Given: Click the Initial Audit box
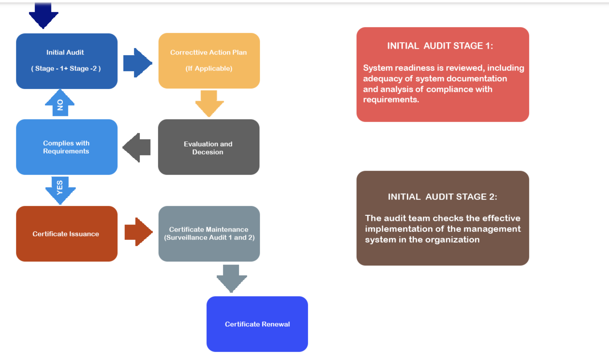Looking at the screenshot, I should [67, 61].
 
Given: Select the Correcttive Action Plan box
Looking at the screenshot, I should [209, 61].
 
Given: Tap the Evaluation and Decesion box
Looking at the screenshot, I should [208, 147].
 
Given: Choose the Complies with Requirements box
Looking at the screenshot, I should [67, 147].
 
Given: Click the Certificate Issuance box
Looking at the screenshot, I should [67, 234].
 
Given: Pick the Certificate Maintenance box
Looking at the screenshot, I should [209, 234].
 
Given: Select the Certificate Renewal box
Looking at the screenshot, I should [257, 324].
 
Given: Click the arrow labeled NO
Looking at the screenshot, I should [60, 104].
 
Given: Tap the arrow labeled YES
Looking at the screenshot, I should [60, 189].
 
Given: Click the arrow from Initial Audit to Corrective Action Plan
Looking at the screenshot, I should [137, 63].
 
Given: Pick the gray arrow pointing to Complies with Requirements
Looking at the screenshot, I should [137, 147].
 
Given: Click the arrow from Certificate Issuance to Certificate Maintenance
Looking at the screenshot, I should [138, 232].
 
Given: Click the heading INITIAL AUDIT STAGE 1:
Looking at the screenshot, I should [440, 46].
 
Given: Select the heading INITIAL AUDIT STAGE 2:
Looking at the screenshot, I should [442, 197].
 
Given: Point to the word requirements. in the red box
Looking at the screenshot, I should [391, 100].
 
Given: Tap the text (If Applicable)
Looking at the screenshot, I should [209, 68].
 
